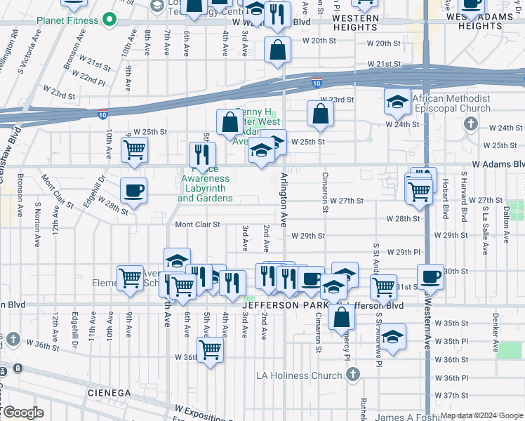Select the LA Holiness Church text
(x=307, y=375)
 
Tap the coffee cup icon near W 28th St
(x=133, y=189)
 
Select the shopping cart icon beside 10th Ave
(x=134, y=149)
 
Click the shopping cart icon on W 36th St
(x=211, y=349)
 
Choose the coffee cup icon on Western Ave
(x=431, y=276)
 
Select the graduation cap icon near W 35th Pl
(x=393, y=337)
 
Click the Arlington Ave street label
(x=284, y=200)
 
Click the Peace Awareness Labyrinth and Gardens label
(x=204, y=189)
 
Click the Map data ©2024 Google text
(x=481, y=415)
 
